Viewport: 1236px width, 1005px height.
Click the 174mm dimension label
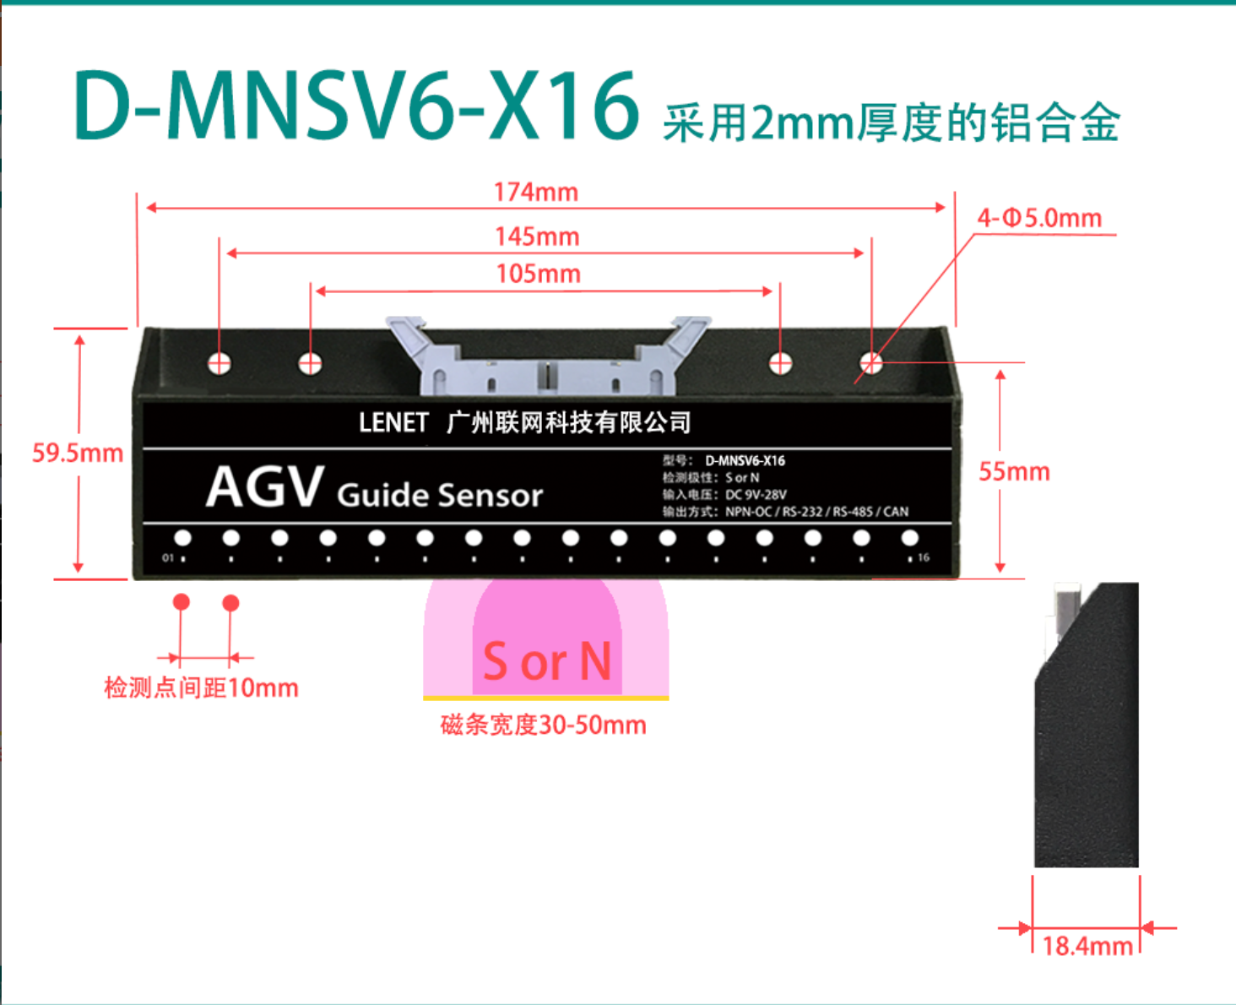click(535, 192)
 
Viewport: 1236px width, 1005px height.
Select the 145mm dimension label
click(537, 236)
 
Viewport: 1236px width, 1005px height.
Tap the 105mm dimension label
click(539, 274)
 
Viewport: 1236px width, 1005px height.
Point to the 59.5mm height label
click(78, 453)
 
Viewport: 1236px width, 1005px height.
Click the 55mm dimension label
click(1014, 471)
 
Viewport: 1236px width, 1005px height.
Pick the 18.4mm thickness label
click(1087, 946)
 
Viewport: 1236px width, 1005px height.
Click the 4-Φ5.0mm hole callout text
click(1039, 218)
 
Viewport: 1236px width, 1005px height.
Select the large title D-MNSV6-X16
click(356, 106)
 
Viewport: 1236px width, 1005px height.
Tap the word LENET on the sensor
click(393, 422)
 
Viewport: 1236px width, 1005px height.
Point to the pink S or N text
click(547, 660)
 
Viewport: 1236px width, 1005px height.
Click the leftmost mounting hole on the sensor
click(220, 364)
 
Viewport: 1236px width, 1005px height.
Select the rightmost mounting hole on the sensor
click(871, 364)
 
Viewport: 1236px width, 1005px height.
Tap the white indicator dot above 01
click(183, 538)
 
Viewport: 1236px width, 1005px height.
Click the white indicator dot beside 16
click(909, 538)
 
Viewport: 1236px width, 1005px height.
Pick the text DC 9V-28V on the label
click(756, 494)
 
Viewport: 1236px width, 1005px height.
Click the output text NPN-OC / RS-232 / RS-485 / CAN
click(816, 512)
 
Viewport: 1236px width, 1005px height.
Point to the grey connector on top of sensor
click(548, 357)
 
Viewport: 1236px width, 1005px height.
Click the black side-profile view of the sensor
click(1087, 725)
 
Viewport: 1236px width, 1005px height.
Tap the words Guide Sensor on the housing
click(440, 496)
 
